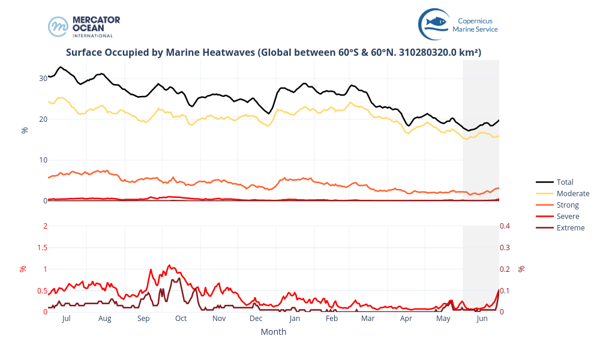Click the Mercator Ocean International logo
point(84,26)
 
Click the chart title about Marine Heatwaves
point(274,53)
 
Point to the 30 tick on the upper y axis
point(43,78)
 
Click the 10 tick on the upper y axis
point(43,160)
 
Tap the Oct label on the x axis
point(181,319)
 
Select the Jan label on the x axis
point(295,319)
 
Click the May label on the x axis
point(443,319)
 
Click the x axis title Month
point(274,332)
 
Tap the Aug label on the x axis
point(105,319)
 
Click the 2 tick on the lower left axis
point(44,226)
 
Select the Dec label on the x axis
point(256,319)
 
